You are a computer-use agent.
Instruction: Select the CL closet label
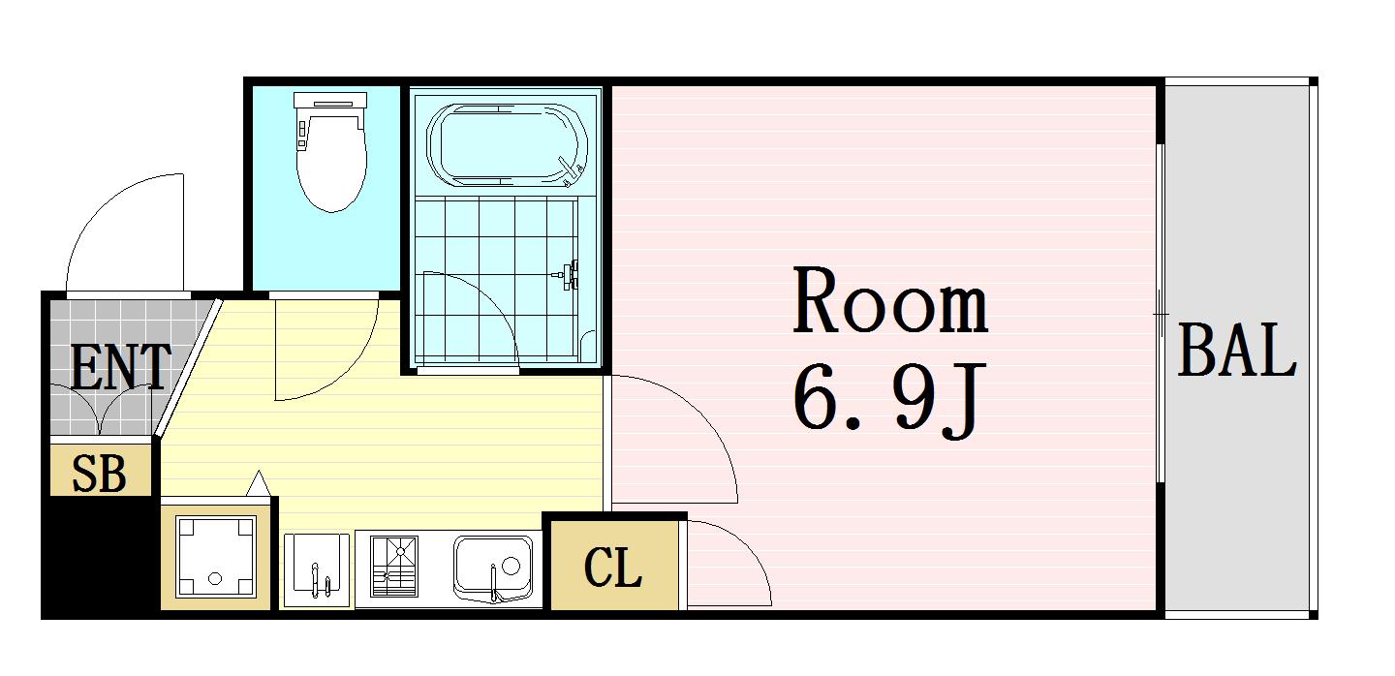pyautogui.click(x=613, y=568)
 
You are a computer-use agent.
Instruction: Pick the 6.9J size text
pyautogui.click(x=888, y=398)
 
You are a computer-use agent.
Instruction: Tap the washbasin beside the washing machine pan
pyautogui.click(x=316, y=570)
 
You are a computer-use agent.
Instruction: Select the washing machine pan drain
pyautogui.click(x=213, y=579)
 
